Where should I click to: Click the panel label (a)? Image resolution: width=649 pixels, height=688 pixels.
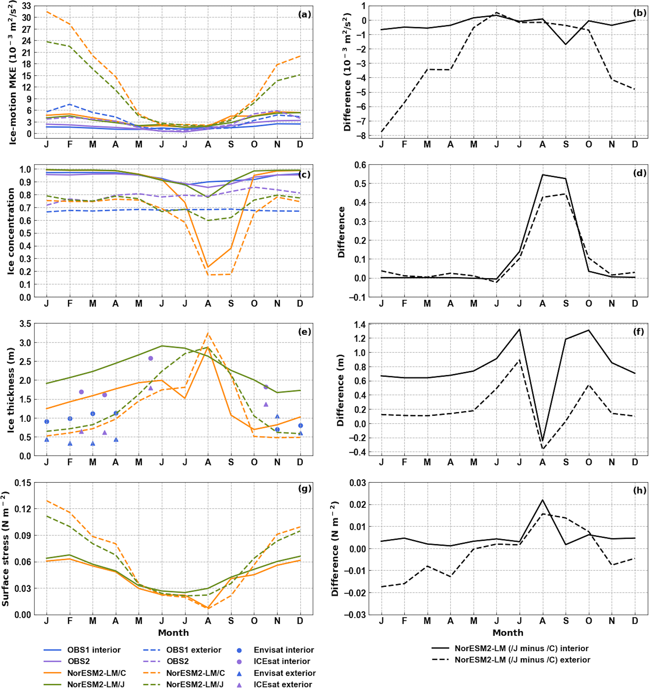(x=305, y=14)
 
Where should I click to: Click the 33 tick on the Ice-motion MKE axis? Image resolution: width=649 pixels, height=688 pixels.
(x=26, y=6)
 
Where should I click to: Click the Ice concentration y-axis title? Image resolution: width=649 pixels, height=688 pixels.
(x=11, y=231)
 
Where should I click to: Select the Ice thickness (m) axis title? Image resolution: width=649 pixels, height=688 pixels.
(x=11, y=390)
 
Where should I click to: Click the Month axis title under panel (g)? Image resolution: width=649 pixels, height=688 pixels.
(x=174, y=633)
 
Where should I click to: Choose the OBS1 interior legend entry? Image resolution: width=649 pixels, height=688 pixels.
(x=94, y=650)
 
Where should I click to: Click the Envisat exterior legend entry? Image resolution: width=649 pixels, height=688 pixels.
(x=285, y=673)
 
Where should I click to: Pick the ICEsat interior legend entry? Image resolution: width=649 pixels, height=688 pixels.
(x=282, y=661)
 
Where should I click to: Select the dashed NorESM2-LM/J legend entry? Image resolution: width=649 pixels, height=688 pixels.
(x=195, y=684)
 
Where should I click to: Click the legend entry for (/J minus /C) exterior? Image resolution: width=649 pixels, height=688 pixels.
(x=522, y=660)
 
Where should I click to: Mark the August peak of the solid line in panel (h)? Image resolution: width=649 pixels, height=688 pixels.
(x=542, y=500)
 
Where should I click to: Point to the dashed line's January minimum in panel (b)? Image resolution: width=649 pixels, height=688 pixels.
(x=381, y=132)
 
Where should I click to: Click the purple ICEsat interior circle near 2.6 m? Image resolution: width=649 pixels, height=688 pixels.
(x=151, y=358)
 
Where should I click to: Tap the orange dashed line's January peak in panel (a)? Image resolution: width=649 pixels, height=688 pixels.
(x=47, y=11)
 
